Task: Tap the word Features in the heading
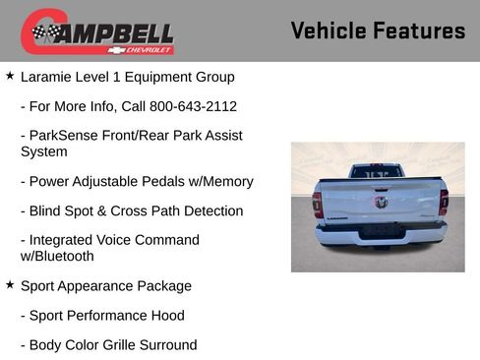(419, 30)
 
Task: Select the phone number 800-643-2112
(193, 105)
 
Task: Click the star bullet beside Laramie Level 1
(10, 76)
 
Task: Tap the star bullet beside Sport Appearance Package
(10, 285)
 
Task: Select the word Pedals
(169, 181)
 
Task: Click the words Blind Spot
(64, 210)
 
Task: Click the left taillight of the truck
(317, 204)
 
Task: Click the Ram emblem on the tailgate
(380, 202)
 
